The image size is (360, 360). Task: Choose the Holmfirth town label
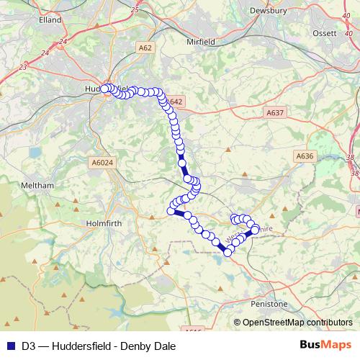coord(106,212)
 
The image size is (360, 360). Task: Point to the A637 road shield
coord(275,112)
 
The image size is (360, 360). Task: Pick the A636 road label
coord(305,156)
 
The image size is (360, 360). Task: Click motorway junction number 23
coord(24,66)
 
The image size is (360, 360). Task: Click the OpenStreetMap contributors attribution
coord(297,323)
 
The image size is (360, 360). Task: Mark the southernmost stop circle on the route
coord(228,252)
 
